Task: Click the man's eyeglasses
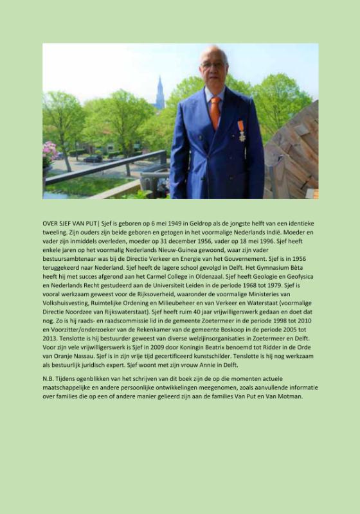pos(213,64)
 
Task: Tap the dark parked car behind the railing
pos(93,158)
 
